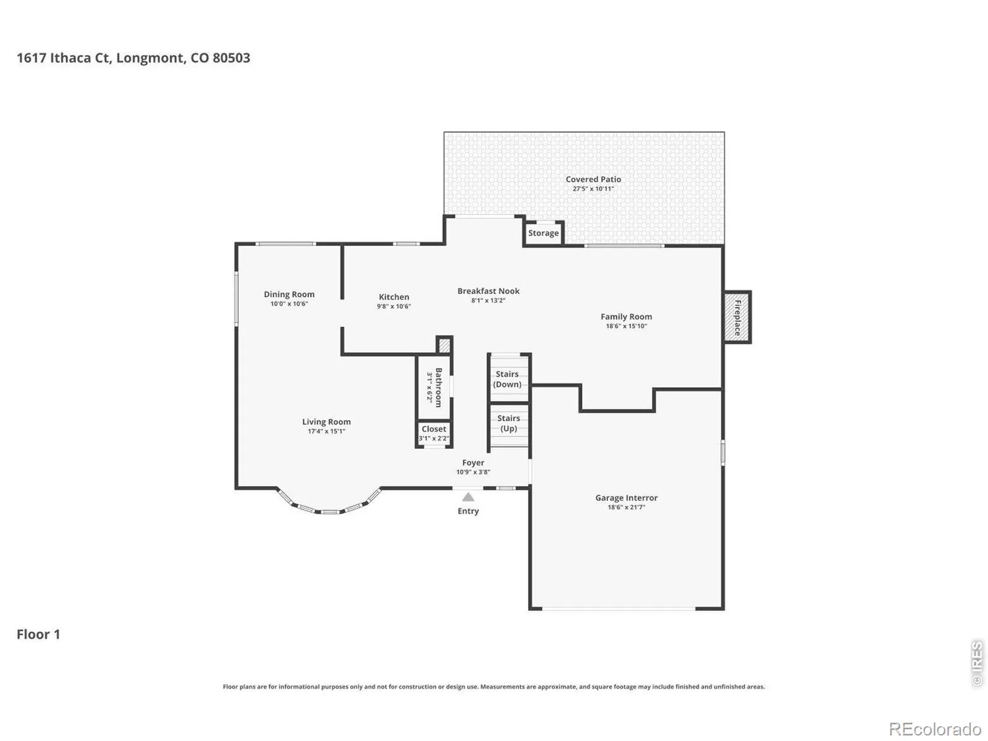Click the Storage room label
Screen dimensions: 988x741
pos(543,233)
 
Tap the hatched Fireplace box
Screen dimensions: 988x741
pos(737,317)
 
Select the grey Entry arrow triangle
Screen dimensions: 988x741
pos(467,496)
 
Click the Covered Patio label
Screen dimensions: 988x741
pos(593,179)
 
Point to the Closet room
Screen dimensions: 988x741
pos(433,434)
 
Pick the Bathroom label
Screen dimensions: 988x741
pos(438,387)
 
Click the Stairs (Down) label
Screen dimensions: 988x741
pos(507,379)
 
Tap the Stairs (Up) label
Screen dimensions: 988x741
pos(508,424)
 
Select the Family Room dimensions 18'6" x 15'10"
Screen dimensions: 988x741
pos(626,326)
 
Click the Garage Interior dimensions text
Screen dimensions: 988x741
pos(626,508)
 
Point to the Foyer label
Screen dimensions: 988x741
pos(472,463)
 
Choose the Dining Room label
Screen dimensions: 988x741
pos(289,295)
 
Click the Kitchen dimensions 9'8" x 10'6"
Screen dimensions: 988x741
pos(393,306)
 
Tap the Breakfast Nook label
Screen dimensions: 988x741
pos(488,291)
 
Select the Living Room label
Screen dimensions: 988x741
pos(326,422)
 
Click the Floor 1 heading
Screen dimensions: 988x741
pos(38,634)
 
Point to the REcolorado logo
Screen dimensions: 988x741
pos(934,729)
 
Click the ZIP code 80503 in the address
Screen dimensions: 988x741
pos(231,58)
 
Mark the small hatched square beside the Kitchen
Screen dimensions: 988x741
pos(444,346)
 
